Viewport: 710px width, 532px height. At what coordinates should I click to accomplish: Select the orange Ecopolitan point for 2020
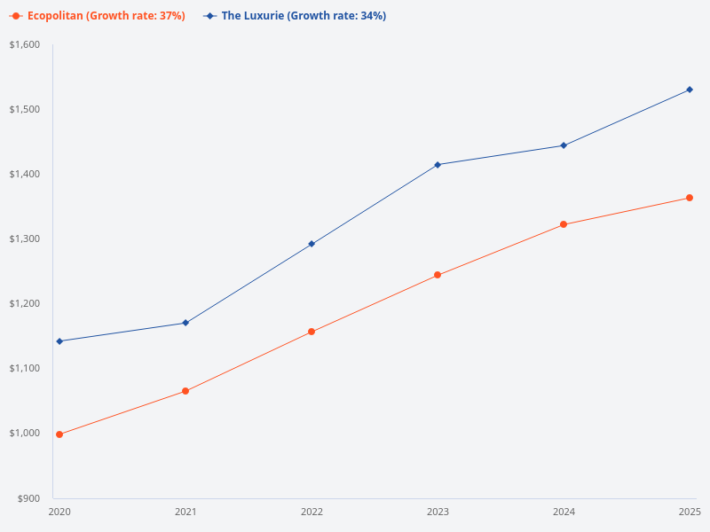point(59,434)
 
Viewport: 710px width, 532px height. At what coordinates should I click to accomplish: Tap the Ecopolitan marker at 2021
point(185,391)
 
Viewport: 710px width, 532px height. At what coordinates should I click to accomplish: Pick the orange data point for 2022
point(312,332)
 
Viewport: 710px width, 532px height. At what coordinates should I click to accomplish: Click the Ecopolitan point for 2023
point(438,275)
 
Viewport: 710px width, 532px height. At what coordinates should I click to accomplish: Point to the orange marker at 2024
point(564,224)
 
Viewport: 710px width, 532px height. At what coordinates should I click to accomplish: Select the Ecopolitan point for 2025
point(690,198)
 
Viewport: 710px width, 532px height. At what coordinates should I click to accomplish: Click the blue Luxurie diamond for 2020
point(59,341)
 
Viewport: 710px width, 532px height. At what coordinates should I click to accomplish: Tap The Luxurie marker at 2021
point(185,323)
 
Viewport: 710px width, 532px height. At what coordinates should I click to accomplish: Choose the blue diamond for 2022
point(312,244)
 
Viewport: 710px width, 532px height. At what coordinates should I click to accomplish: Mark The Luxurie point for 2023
point(438,165)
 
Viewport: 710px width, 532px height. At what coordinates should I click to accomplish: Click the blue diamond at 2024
point(564,145)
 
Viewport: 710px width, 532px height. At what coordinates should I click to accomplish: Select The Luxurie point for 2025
point(690,90)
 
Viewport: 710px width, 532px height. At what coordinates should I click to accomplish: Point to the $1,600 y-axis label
point(25,45)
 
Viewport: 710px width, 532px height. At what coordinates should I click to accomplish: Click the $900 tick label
point(29,498)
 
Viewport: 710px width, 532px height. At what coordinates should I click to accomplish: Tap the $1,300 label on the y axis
point(25,239)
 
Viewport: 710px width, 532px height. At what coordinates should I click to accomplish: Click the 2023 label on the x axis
point(438,512)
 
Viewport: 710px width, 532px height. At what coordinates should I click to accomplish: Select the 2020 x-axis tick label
point(59,512)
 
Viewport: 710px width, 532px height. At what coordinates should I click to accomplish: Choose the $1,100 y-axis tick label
point(25,369)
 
